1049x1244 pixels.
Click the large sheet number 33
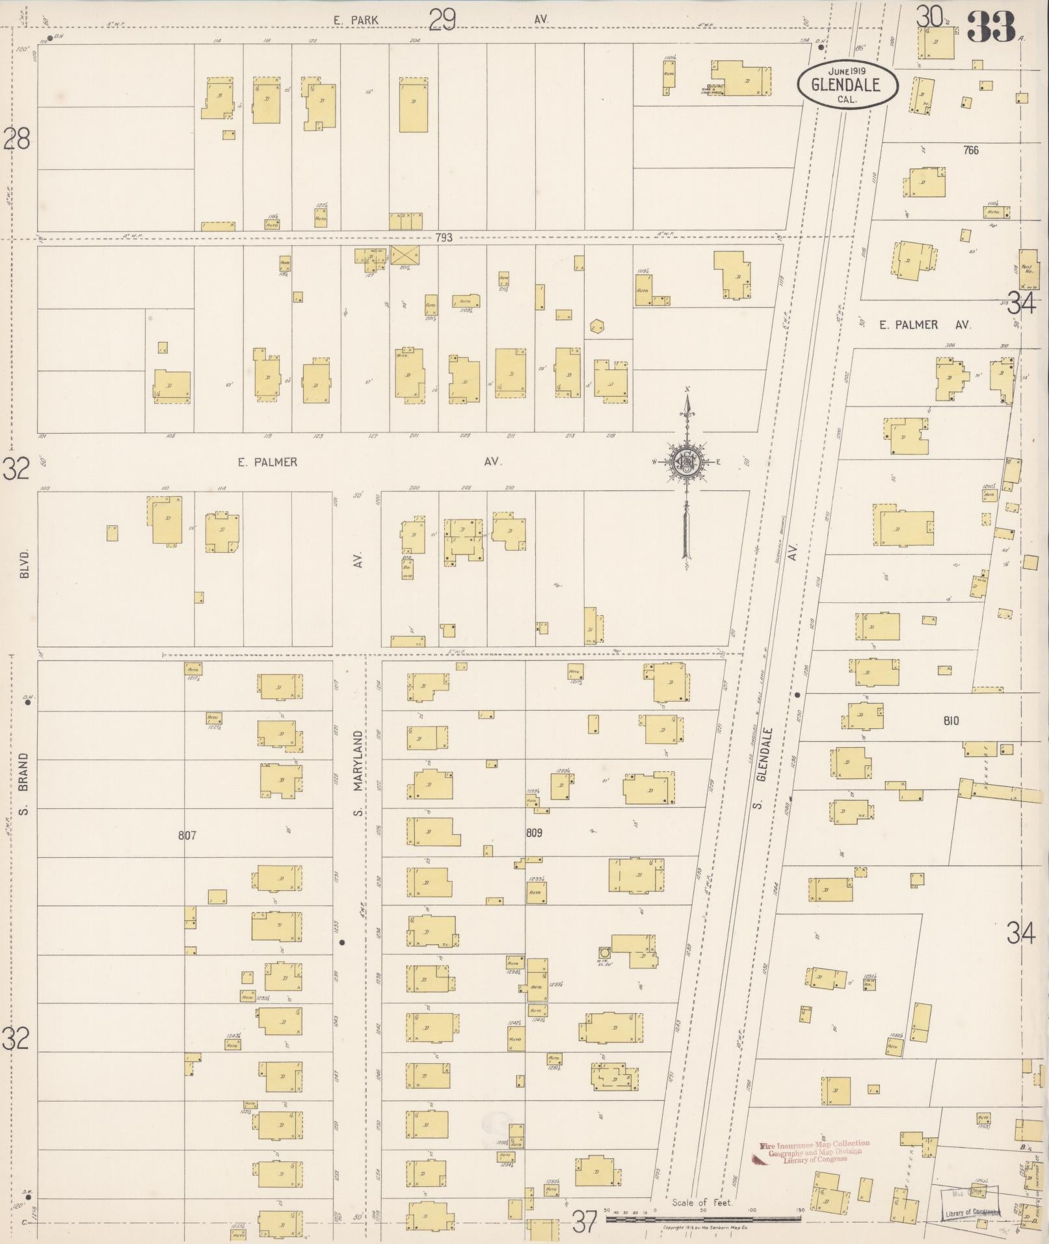tap(990, 26)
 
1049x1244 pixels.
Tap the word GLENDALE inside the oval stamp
tap(845, 85)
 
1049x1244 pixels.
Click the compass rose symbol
tap(685, 462)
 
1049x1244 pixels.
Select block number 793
tap(444, 238)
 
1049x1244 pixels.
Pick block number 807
tap(187, 835)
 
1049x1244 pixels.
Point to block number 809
tap(533, 832)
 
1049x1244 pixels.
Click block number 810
tap(949, 721)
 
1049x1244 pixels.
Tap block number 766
tap(971, 150)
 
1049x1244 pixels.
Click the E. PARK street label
tap(356, 20)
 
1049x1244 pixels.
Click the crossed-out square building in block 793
tap(405, 254)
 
